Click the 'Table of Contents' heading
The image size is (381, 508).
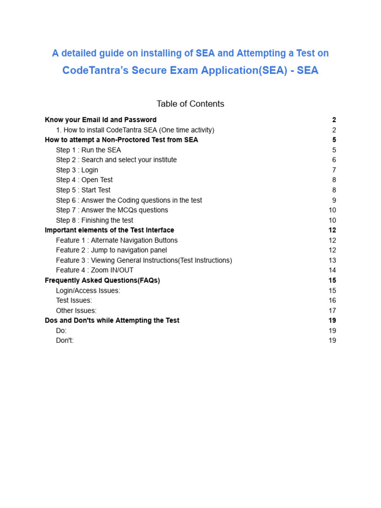coord(190,104)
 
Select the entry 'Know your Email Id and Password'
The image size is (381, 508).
coord(100,120)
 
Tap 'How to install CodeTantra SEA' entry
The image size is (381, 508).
coord(135,130)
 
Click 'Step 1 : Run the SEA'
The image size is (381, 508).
coord(88,150)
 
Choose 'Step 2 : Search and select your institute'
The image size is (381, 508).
coord(116,160)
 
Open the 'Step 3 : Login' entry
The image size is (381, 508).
coord(77,170)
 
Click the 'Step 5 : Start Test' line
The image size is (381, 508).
coord(83,190)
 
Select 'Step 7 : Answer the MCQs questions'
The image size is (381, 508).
coord(112,210)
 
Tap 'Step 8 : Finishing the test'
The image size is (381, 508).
coord(94,220)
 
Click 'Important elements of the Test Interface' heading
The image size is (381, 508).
coord(109,230)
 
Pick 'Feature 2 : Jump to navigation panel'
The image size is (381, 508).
coord(111,250)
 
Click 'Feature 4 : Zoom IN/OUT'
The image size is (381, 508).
coord(94,270)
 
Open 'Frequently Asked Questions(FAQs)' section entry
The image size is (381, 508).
coord(102,280)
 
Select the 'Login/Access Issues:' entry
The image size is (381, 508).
coord(88,290)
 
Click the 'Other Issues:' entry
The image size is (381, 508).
coord(76,311)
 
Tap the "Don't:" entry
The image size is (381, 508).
coord(64,340)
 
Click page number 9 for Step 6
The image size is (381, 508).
coord(334,200)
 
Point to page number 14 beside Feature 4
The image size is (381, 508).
coord(332,270)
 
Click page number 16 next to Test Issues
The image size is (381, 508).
coord(332,300)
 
